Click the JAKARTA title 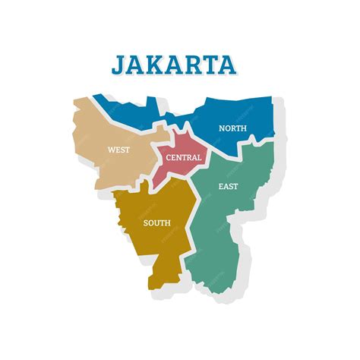pos(173,64)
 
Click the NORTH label pos(232,128)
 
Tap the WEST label pos(118,150)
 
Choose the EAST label pos(228,186)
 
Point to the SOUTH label pos(156,223)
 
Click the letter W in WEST pos(111,150)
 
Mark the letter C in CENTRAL pos(168,158)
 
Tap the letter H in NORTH pos(243,128)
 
